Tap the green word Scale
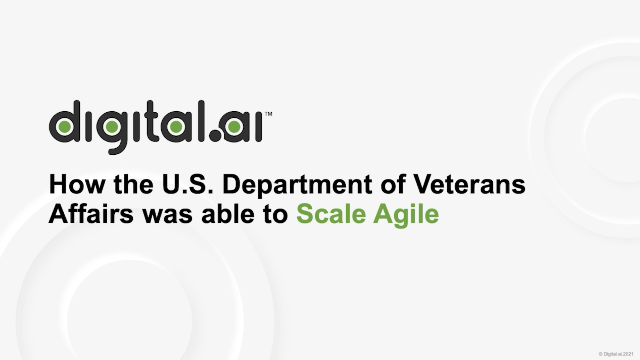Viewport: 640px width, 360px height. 326,215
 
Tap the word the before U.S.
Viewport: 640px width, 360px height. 148,187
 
